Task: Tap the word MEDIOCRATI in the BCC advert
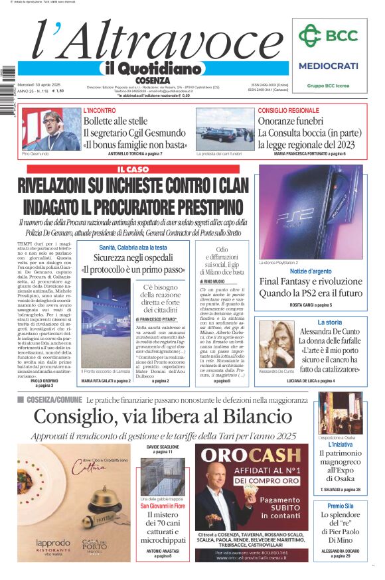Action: pos(328,66)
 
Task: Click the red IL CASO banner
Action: pos(133,170)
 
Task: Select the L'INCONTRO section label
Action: pos(99,110)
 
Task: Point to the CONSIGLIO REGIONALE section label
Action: pos(288,110)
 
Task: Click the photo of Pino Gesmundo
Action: pos(50,129)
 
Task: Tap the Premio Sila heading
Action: pos(340,506)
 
